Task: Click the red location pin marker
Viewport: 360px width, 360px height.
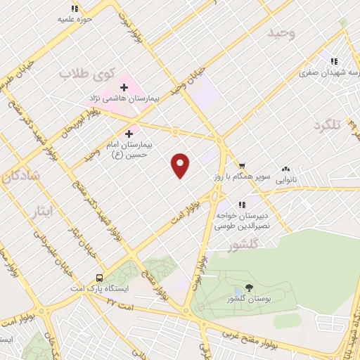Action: (x=181, y=165)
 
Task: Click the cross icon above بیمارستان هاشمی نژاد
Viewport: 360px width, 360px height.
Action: (x=124, y=88)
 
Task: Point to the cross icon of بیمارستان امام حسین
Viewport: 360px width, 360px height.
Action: (x=129, y=133)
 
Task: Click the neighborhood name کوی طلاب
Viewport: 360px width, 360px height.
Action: (x=86, y=73)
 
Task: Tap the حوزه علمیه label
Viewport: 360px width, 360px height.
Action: (x=77, y=19)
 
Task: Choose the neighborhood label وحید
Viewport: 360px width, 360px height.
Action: (x=281, y=33)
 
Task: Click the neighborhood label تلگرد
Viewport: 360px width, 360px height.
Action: (x=328, y=125)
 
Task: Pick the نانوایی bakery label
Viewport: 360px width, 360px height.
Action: (x=285, y=181)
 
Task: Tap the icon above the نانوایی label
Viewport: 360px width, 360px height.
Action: (x=286, y=169)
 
